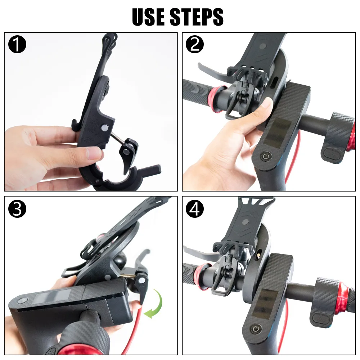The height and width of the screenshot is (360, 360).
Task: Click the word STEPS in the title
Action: coord(197,17)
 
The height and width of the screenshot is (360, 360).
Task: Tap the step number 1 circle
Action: coord(17,44)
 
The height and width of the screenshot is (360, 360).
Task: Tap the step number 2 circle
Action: coord(195,44)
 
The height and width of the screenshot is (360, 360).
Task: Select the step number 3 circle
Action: coord(17,209)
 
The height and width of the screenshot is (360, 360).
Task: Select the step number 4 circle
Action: coord(195,209)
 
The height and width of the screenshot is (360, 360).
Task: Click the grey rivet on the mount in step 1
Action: coord(104,127)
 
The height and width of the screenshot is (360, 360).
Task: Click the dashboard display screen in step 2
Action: coord(277,132)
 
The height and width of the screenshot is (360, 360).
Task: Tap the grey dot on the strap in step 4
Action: coord(246,222)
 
